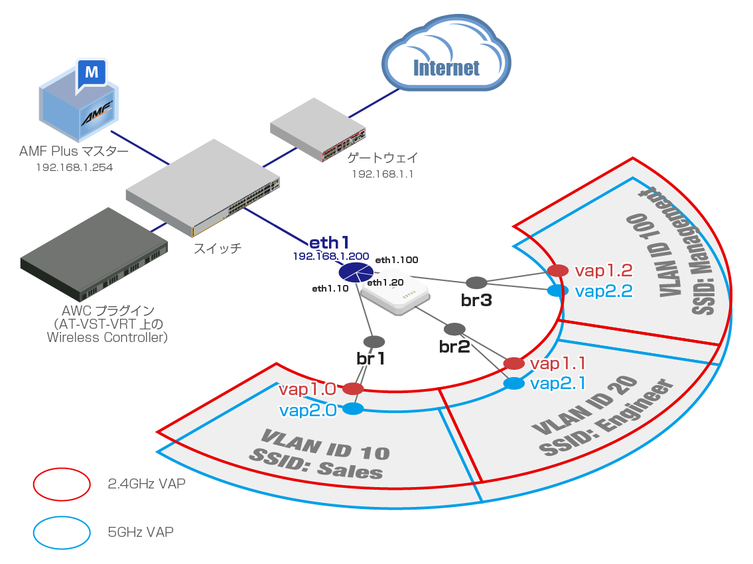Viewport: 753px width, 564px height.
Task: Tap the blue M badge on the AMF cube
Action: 92,74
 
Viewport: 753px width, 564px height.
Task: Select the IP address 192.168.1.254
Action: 74,168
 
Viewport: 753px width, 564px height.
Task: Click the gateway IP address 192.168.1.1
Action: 382,174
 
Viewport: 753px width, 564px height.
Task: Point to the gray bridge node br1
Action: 374,342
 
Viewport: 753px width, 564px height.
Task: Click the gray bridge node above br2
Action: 454,329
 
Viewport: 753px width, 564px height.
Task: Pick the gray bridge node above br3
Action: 476,283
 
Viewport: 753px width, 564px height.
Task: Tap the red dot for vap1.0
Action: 353,388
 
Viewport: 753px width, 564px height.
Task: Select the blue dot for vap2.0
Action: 353,409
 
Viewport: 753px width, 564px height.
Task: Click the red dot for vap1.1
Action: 514,364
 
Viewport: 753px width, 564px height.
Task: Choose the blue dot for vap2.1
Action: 514,384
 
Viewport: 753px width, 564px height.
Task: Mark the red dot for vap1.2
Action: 558,270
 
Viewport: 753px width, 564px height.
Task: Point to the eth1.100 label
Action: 397,260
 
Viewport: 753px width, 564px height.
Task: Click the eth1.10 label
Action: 330,288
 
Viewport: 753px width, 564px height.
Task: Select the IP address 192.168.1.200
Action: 331,256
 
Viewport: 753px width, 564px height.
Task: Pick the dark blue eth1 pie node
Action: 356,272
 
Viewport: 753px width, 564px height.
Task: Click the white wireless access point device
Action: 395,298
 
